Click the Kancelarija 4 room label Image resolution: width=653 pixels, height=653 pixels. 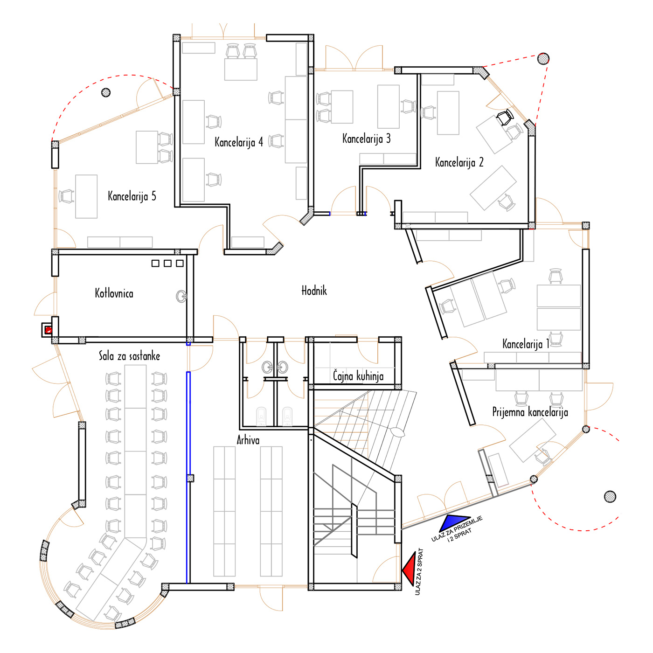point(238,142)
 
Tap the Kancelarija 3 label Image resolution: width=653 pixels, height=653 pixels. point(366,139)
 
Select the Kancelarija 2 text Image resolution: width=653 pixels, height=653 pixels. point(459,162)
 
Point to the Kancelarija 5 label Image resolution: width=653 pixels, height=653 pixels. point(132,196)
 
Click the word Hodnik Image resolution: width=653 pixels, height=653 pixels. point(314,291)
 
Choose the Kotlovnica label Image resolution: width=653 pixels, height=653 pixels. point(114,293)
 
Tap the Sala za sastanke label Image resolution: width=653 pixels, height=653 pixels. point(130,356)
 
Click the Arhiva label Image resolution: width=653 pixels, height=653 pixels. point(248,440)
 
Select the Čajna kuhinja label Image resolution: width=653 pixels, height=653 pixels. point(358,376)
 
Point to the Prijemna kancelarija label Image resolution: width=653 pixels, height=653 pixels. point(530,412)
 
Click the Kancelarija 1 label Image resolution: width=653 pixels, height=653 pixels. point(526,344)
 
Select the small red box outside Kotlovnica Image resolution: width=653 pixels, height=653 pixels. point(49,329)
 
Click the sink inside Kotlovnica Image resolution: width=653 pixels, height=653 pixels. point(181,296)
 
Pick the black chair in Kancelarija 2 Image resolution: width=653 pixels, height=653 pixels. point(505,117)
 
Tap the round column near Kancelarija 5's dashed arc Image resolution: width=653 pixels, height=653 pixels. point(106,92)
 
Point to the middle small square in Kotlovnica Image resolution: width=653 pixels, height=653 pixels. point(167,264)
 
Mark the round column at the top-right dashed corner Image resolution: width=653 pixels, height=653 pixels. point(543,59)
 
